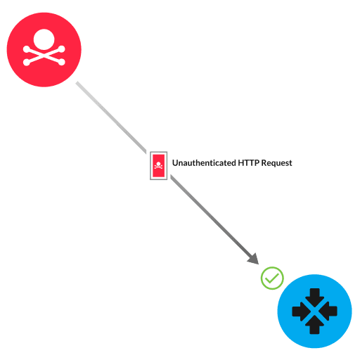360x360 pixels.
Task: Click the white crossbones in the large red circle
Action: point(44,56)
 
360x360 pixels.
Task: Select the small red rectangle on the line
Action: point(159,166)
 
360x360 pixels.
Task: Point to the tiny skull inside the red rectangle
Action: point(159,166)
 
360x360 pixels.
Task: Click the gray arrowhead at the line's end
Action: point(253,258)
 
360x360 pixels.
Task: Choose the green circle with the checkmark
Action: point(272,278)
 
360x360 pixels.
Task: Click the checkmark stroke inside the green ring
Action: point(272,278)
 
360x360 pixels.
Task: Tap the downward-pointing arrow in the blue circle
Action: point(314,296)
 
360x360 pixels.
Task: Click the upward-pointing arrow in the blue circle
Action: point(314,326)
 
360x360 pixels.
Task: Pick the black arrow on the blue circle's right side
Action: point(329,311)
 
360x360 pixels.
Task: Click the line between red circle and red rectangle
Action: point(112,117)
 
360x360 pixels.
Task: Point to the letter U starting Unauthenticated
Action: point(175,163)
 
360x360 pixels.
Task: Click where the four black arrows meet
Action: point(314,311)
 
